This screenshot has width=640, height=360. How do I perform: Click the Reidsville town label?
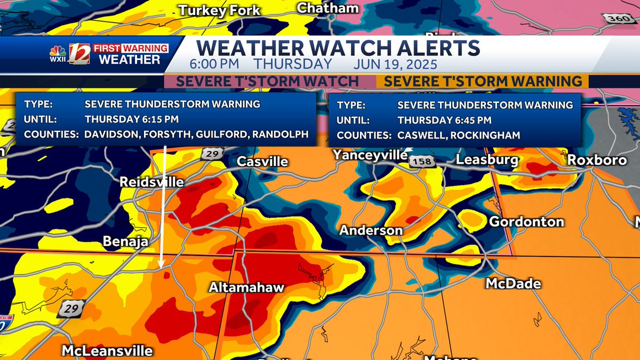pos(151,182)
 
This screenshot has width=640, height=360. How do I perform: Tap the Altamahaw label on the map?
pos(246,287)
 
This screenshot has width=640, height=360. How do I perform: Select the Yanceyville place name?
pos(370,155)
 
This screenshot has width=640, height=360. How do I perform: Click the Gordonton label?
pos(526,221)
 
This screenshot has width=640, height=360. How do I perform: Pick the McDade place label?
pos(513,283)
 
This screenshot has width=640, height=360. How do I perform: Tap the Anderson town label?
pos(371,230)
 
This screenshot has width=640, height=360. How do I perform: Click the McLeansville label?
pos(107,350)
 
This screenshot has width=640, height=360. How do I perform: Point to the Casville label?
pos(262,161)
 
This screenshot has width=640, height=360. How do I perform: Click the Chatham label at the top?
pos(327,8)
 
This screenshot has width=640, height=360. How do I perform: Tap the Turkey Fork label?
pos(219,10)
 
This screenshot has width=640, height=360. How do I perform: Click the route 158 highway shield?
pos(423,161)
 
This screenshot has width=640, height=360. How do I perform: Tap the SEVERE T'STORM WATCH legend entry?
pos(267,82)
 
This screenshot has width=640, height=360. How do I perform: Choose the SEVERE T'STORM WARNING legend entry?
pos(483,82)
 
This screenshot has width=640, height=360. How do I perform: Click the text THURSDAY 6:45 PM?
pos(444,120)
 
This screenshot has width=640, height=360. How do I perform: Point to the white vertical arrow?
pos(162,208)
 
